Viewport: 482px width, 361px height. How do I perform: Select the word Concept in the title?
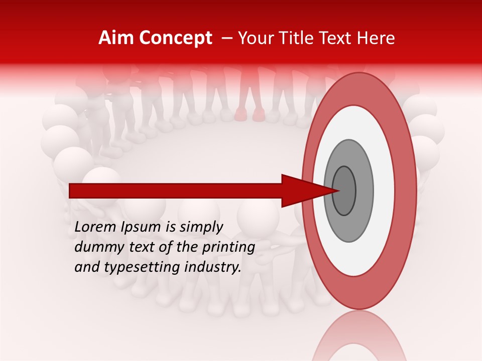pyautogui.click(x=175, y=38)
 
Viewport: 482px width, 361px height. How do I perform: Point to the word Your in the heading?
pyautogui.click(x=256, y=38)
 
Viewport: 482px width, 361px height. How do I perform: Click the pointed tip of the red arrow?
pyautogui.click(x=339, y=191)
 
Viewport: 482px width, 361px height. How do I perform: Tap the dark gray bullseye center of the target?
pyautogui.click(x=344, y=191)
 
